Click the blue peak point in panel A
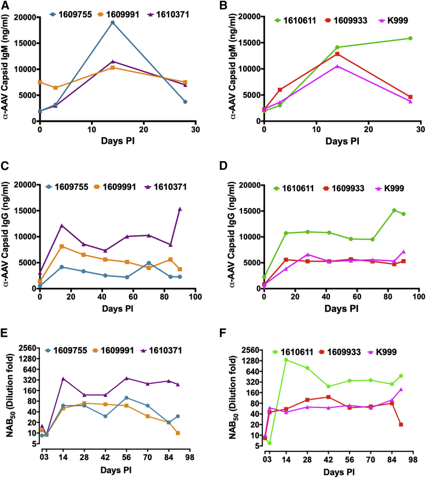pos(112,23)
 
